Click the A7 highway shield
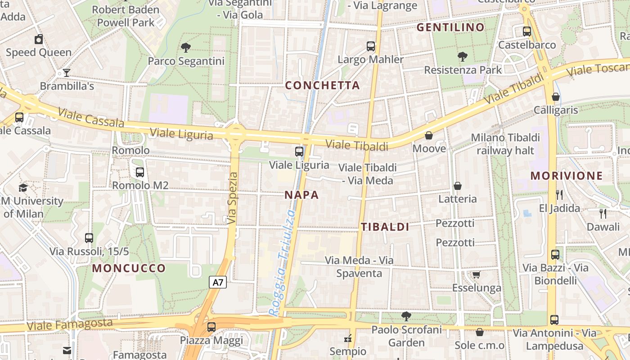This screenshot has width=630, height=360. (x=218, y=283)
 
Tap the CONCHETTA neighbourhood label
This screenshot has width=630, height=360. (x=323, y=85)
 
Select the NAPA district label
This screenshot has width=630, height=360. (x=302, y=195)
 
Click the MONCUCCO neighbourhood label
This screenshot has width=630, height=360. (x=129, y=269)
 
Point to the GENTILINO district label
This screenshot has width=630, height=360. (x=450, y=27)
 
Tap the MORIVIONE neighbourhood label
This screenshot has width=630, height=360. (x=566, y=175)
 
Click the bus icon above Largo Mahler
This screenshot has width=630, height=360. (x=371, y=46)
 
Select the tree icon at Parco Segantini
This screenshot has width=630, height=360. (x=185, y=47)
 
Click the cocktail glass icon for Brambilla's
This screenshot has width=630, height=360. (x=67, y=72)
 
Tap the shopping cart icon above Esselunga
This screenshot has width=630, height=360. (x=476, y=274)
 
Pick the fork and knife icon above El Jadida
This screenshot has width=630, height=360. (x=559, y=194)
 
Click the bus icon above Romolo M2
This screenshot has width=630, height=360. (x=140, y=171)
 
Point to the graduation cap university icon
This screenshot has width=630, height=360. (x=23, y=187)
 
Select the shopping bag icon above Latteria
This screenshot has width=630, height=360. (x=458, y=185)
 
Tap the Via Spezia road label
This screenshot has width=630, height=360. (x=232, y=198)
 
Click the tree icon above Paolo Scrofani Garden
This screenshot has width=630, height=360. (x=406, y=316)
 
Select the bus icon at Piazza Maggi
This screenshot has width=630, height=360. (x=211, y=327)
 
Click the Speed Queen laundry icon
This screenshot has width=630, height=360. (x=39, y=39)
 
